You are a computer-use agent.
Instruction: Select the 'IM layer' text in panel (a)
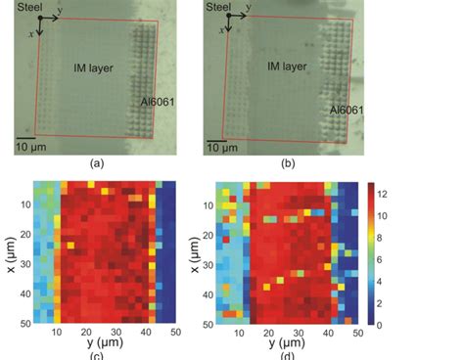[x=90, y=67]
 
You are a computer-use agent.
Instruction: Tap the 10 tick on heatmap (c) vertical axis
[x=21, y=206]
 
